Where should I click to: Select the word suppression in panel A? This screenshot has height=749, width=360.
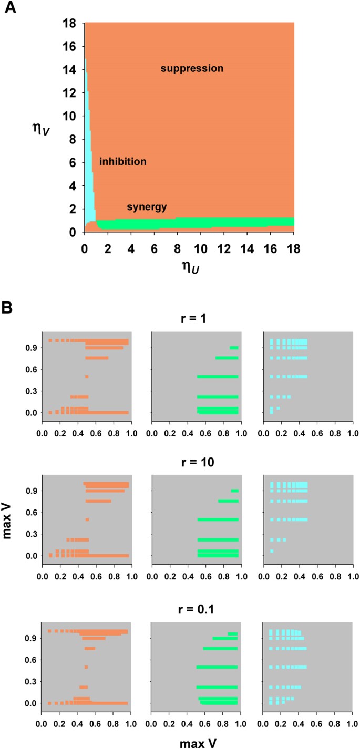click(x=192, y=68)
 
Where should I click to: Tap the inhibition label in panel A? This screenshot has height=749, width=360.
click(x=122, y=162)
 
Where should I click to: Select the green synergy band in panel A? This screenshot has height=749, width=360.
click(x=210, y=224)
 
